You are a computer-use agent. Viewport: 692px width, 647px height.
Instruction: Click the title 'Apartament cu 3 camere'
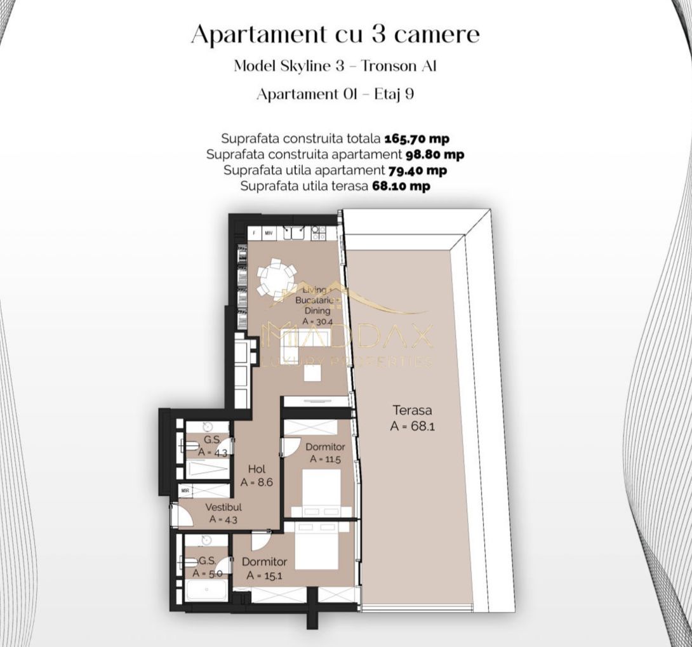tap(335, 34)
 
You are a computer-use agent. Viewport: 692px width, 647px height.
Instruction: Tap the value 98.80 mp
tap(435, 154)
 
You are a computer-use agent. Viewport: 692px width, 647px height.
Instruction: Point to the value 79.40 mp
tap(417, 170)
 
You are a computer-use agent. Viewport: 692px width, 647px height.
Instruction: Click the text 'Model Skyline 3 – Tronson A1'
tap(335, 66)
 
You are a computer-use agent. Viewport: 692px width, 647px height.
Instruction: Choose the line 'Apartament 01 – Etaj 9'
tap(335, 95)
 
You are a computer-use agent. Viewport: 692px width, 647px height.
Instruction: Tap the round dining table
tap(277, 277)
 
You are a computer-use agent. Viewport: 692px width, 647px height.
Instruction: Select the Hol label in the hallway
tap(256, 469)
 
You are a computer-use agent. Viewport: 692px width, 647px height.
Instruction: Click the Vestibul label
tap(223, 507)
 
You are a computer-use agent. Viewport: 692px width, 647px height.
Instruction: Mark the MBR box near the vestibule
tap(185, 490)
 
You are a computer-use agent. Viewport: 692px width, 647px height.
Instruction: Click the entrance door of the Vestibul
tap(182, 516)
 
